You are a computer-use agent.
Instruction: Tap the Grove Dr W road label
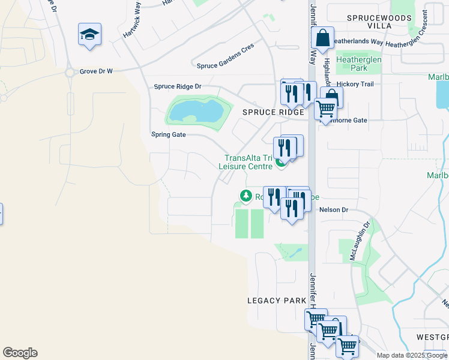pos(97,71)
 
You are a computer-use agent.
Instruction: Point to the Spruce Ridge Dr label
pos(177,87)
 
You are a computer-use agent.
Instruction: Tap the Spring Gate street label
pos(169,135)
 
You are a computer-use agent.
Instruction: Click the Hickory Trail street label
pos(355,85)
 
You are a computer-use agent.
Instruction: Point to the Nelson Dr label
pos(334,210)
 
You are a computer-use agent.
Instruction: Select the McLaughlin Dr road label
pos(360,240)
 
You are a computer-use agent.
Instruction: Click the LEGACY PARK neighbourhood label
pos(277,301)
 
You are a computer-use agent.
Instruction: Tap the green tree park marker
pos(246,196)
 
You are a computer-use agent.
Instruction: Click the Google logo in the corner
pos(20,353)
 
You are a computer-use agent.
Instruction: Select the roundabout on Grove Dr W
pos(70,73)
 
